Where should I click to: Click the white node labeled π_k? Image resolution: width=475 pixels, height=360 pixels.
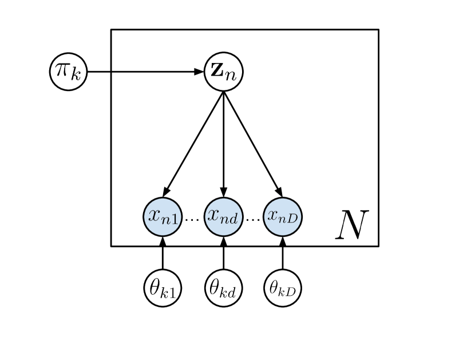69,72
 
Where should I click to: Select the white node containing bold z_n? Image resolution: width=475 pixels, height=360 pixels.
224,72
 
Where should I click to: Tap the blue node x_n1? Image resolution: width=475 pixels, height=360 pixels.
163,216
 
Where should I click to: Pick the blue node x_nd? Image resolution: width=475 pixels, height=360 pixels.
224,216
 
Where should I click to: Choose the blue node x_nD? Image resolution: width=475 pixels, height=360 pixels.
283,216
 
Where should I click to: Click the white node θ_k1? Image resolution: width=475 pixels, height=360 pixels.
163,288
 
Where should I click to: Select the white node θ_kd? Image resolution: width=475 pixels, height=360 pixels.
224,288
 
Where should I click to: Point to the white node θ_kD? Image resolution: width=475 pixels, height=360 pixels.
283,288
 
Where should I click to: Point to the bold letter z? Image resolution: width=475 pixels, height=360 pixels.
217,72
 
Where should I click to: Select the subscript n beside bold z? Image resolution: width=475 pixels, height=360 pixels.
231,76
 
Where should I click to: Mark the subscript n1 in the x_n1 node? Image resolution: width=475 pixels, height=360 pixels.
170,219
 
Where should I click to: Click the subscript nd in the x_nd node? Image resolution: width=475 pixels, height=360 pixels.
231,219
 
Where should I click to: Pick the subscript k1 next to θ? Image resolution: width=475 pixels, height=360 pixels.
170,292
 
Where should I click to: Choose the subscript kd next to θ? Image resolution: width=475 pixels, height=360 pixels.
230,292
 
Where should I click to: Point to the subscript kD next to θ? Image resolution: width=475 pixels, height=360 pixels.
289,291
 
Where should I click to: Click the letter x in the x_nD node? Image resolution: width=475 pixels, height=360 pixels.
273,216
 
